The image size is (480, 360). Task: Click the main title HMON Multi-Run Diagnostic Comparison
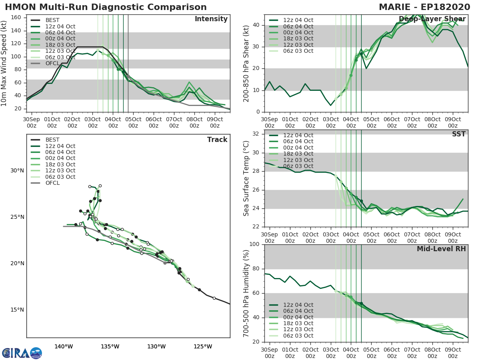pos(106,7)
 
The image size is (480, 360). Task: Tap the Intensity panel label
pos(211,19)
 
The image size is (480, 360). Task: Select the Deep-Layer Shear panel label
pos(432,19)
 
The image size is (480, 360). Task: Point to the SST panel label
pos(459,134)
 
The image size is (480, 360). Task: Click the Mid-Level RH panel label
pos(441,249)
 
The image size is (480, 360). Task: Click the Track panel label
pos(217,140)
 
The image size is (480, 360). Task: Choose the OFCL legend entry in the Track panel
pos(52,183)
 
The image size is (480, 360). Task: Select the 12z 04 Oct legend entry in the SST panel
pos(298,135)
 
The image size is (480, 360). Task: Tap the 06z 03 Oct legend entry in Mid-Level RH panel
pos(298,336)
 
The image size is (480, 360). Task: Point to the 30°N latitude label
pos(17,171)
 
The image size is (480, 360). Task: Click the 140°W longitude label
pos(64,346)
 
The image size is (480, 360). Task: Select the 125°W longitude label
pos(203,346)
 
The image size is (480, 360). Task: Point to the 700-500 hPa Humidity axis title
pos(246,293)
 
